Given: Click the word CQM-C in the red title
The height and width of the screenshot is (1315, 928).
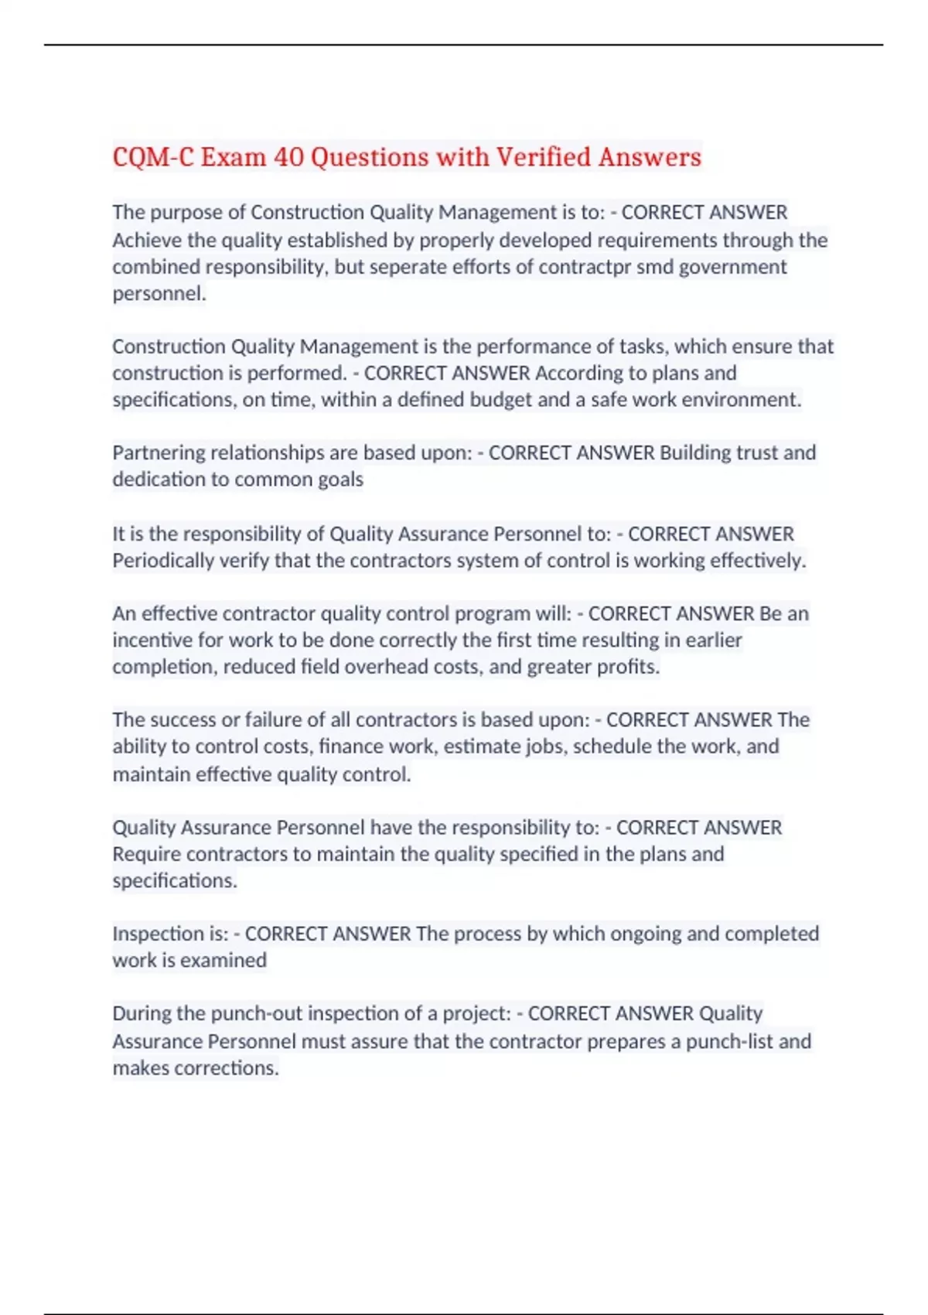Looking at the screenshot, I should pyautogui.click(x=153, y=157).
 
